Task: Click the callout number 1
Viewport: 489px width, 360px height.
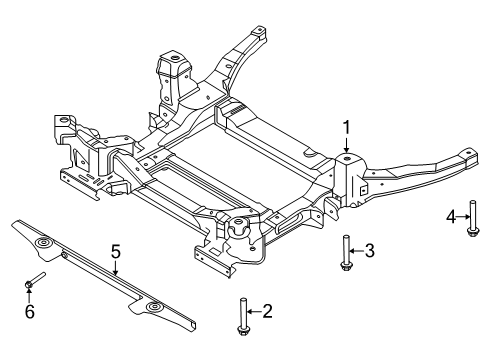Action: pos(347,127)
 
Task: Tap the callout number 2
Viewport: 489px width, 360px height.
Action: pos(267,312)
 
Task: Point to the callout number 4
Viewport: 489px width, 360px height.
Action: pos(450,216)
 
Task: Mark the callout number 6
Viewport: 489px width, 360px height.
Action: pos(29,310)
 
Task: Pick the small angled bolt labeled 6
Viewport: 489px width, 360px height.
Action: pos(36,281)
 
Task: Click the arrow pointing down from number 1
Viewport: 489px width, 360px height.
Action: pos(347,145)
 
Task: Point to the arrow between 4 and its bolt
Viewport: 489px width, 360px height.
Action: pos(461,216)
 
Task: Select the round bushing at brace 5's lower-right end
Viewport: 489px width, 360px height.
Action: pos(153,306)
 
